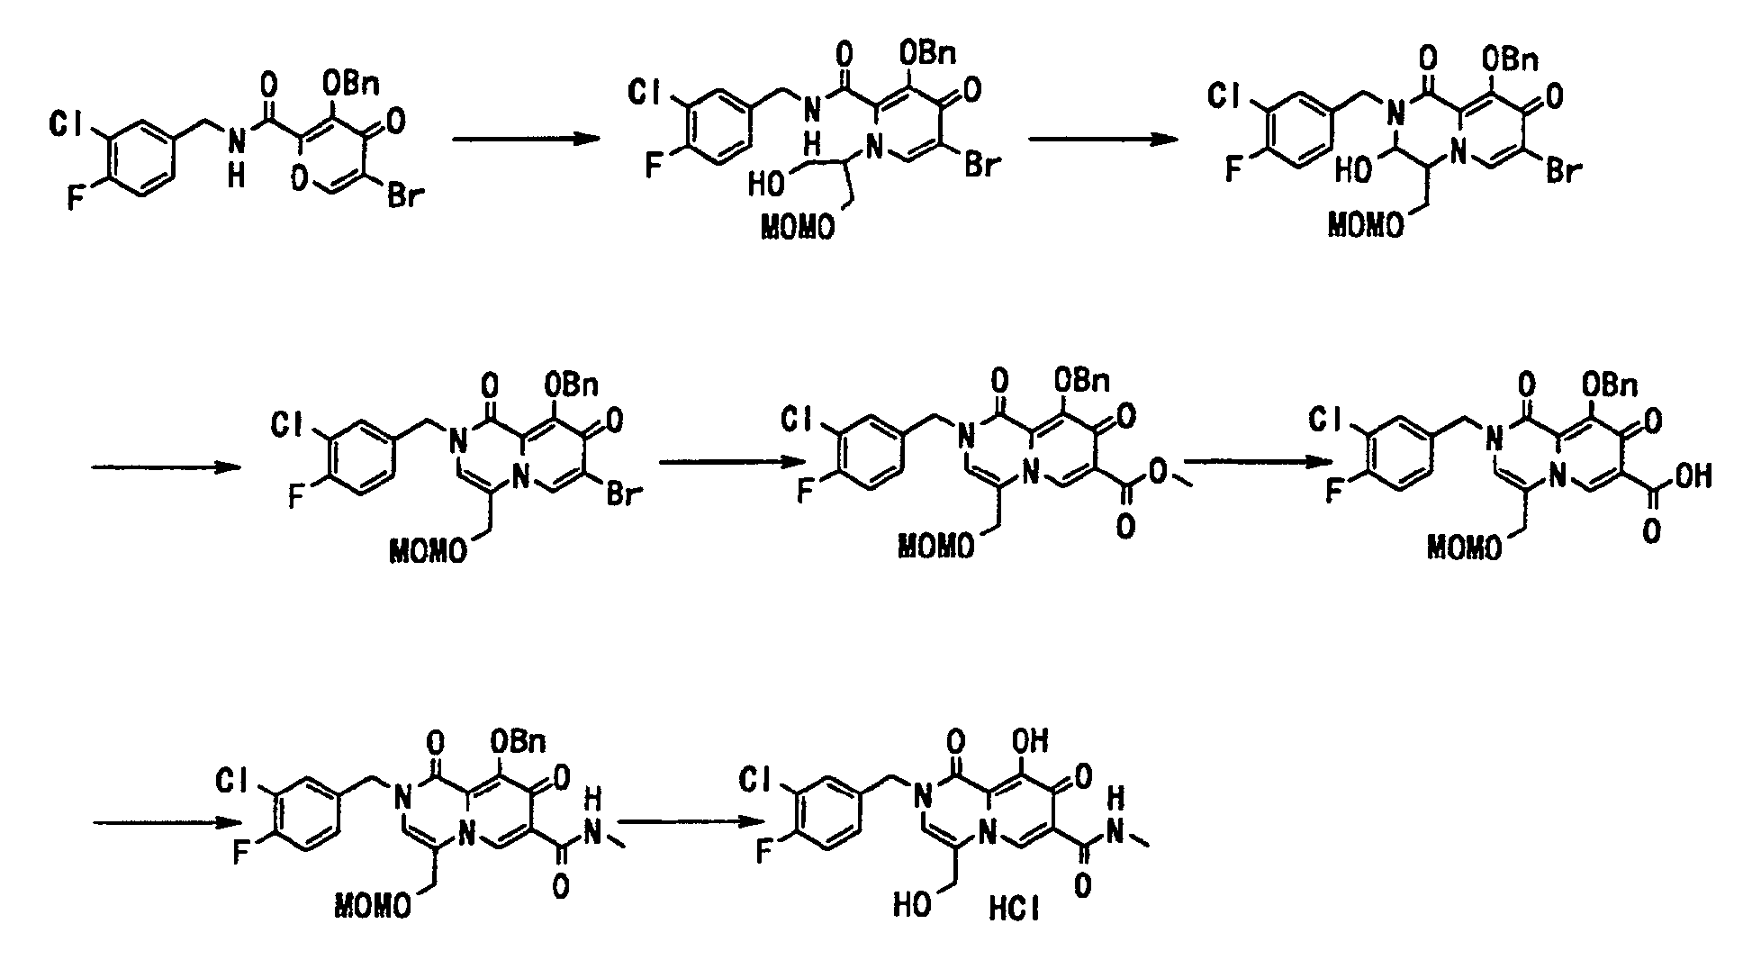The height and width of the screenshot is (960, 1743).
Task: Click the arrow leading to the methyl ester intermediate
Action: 732,462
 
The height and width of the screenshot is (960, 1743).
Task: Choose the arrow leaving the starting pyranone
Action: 525,139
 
